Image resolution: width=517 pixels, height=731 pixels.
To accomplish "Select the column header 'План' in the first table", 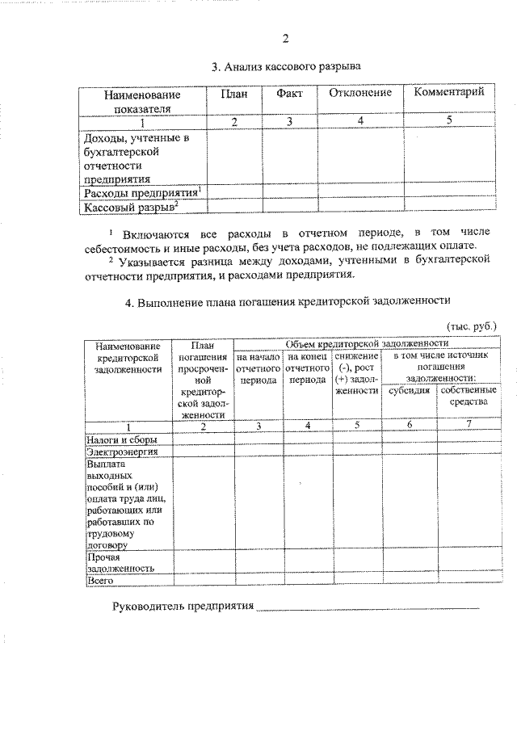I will [x=233, y=94].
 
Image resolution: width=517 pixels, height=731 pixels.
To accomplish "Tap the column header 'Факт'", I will [x=289, y=94].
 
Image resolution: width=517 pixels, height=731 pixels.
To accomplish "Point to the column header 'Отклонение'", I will [x=360, y=94].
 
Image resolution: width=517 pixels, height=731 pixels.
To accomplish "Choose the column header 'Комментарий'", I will [x=448, y=93].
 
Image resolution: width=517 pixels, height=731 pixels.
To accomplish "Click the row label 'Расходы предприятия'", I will [x=141, y=194].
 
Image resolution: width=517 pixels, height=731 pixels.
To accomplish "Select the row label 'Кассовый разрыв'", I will [x=130, y=208].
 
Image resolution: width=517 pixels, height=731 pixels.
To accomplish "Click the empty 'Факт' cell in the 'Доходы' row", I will [x=289, y=157].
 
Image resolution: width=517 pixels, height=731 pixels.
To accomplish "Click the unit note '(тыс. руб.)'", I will [x=472, y=326].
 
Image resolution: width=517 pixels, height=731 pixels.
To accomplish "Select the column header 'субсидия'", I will [x=408, y=390].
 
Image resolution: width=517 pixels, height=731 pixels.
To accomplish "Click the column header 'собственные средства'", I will [x=464, y=396].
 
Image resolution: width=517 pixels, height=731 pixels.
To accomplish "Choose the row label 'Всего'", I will [x=100, y=580].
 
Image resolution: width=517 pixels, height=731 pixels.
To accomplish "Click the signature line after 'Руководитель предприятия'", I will [x=368, y=606].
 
